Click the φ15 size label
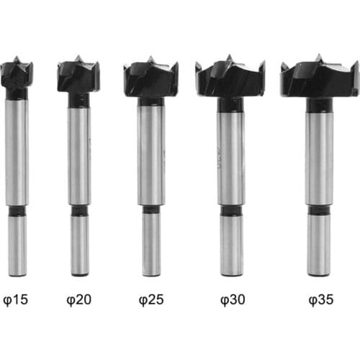[x=16, y=300]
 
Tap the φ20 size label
[x=79, y=300]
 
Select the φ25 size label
[x=151, y=300]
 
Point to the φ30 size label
[x=233, y=300]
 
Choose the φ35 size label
[x=321, y=300]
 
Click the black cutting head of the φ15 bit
[x=17, y=74]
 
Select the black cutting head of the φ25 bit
[x=151, y=78]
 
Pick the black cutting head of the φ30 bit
[x=230, y=77]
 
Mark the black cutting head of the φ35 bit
[x=320, y=77]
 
